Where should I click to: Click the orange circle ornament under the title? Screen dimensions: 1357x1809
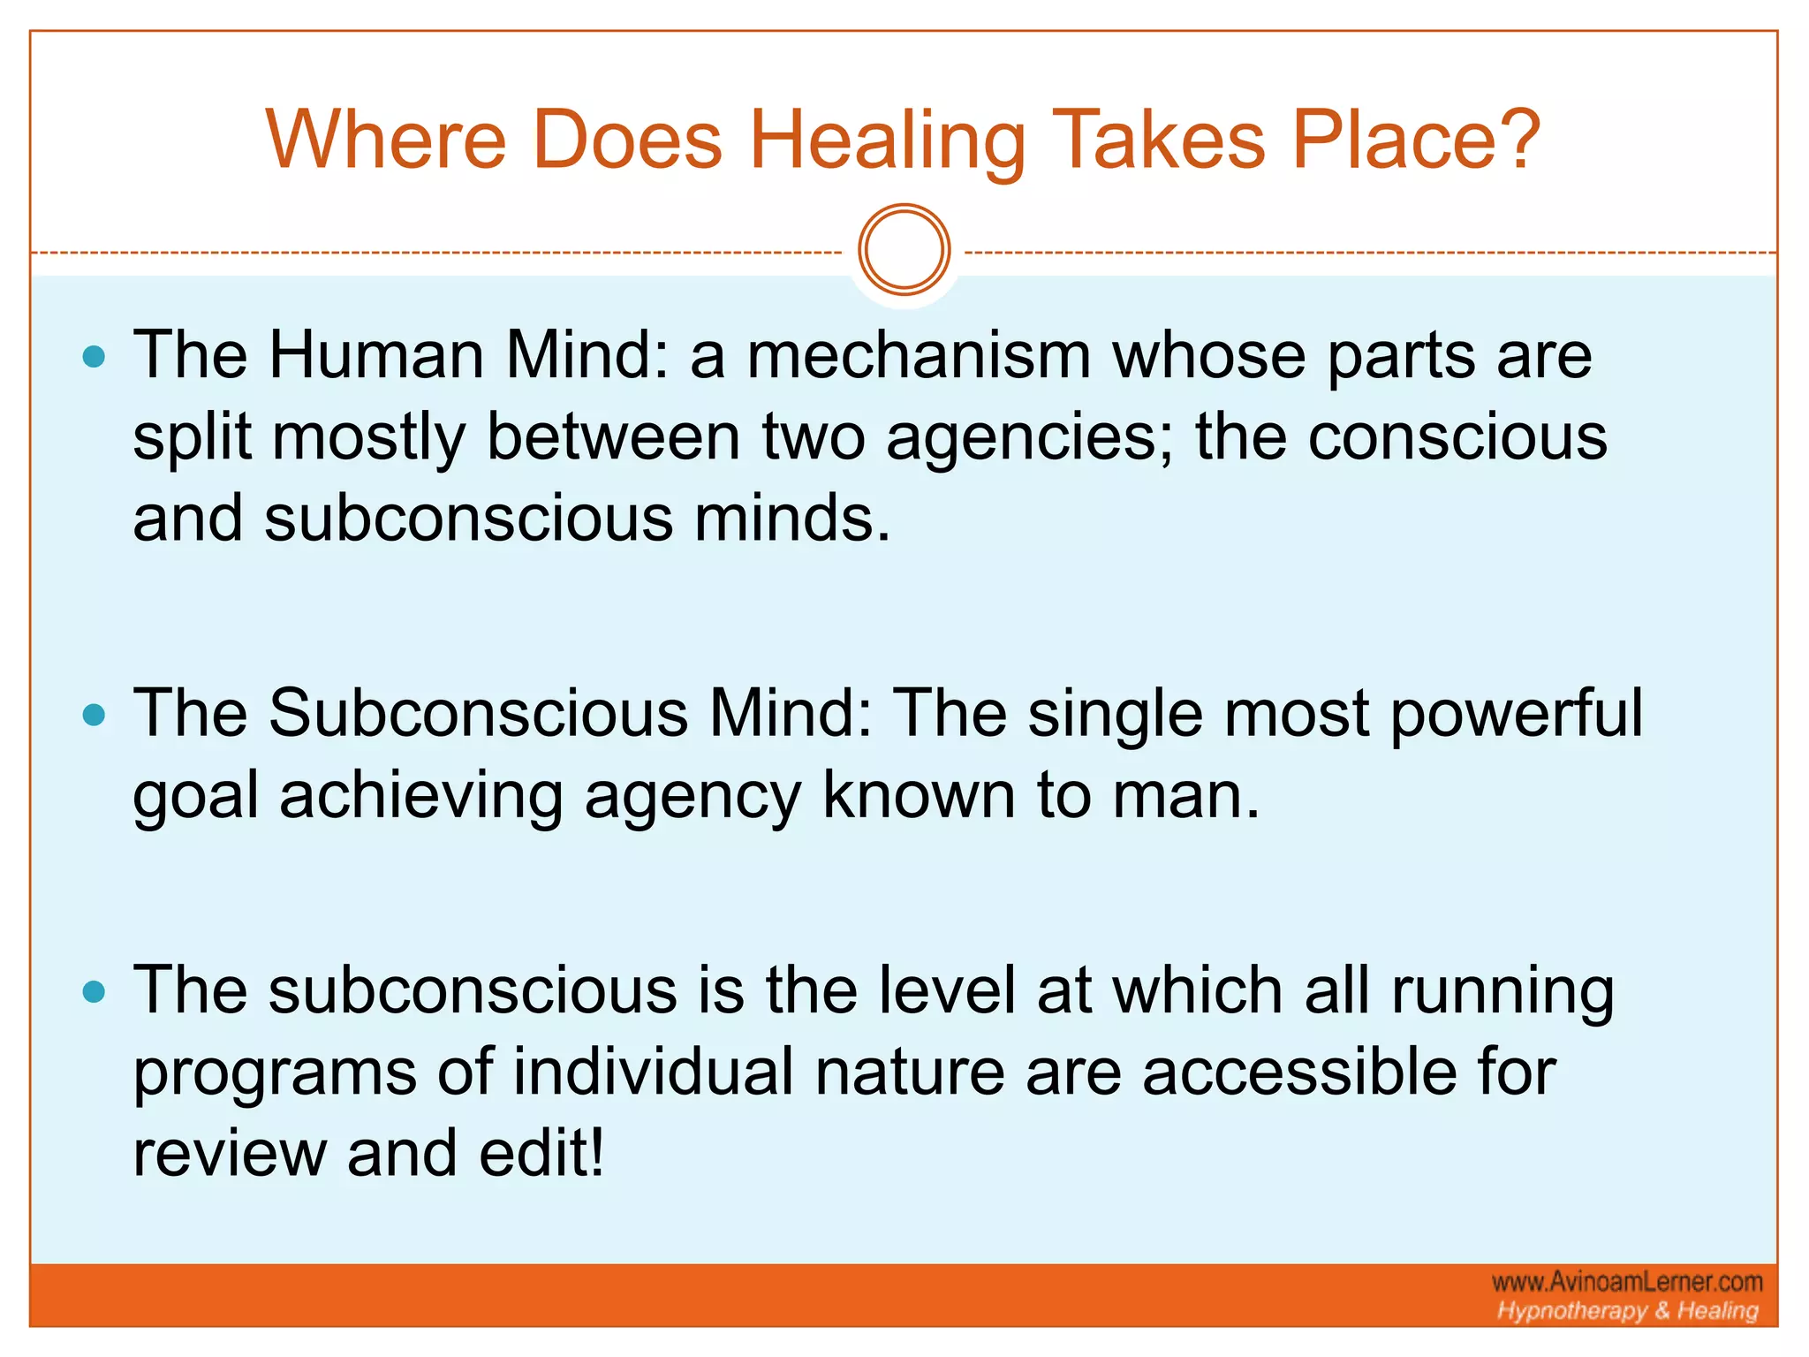click(904, 250)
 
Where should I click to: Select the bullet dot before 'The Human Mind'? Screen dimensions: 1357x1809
click(94, 358)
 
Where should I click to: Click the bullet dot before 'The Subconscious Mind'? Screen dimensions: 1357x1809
click(94, 715)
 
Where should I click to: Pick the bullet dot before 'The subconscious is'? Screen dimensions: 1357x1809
click(94, 992)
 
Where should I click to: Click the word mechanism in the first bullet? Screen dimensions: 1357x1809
click(919, 355)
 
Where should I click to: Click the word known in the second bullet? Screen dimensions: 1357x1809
click(919, 795)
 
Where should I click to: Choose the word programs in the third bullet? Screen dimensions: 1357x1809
click(275, 1073)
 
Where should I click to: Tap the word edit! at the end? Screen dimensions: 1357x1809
click(541, 1154)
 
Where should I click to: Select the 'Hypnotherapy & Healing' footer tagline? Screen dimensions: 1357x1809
click(1627, 1311)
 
